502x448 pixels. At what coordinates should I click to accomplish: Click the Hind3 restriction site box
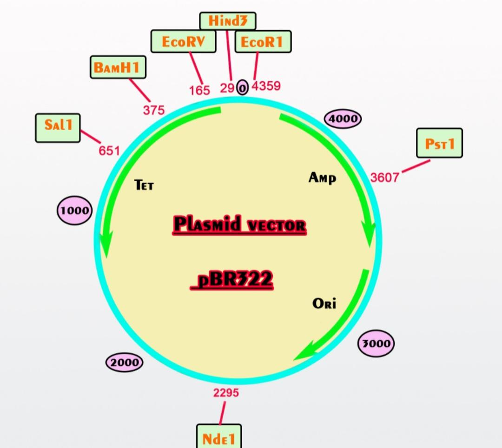pyautogui.click(x=228, y=21)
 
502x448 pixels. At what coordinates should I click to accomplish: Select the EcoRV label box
pyautogui.click(x=184, y=42)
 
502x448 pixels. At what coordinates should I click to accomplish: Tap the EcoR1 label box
pyautogui.click(x=263, y=42)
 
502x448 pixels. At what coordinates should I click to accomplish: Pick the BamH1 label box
pyautogui.click(x=118, y=67)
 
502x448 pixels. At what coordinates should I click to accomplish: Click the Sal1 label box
pyautogui.click(x=58, y=128)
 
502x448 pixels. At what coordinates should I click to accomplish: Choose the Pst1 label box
pyautogui.click(x=439, y=143)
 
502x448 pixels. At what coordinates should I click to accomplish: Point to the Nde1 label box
pyautogui.click(x=219, y=437)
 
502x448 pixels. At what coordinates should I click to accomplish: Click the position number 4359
pyautogui.click(x=266, y=86)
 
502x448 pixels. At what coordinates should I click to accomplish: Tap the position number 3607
pyautogui.click(x=385, y=177)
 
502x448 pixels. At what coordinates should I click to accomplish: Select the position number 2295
pyautogui.click(x=226, y=393)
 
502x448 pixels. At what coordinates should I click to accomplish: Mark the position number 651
pyautogui.click(x=109, y=151)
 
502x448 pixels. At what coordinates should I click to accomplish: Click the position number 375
pyautogui.click(x=154, y=110)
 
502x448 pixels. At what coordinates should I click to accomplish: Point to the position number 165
pyautogui.click(x=199, y=90)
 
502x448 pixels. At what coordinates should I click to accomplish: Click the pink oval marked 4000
pyautogui.click(x=343, y=119)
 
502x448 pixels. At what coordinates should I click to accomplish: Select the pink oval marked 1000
pyautogui.click(x=74, y=210)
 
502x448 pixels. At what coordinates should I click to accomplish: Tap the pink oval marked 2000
pyautogui.click(x=125, y=362)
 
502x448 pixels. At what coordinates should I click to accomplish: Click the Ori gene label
pyautogui.click(x=324, y=303)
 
